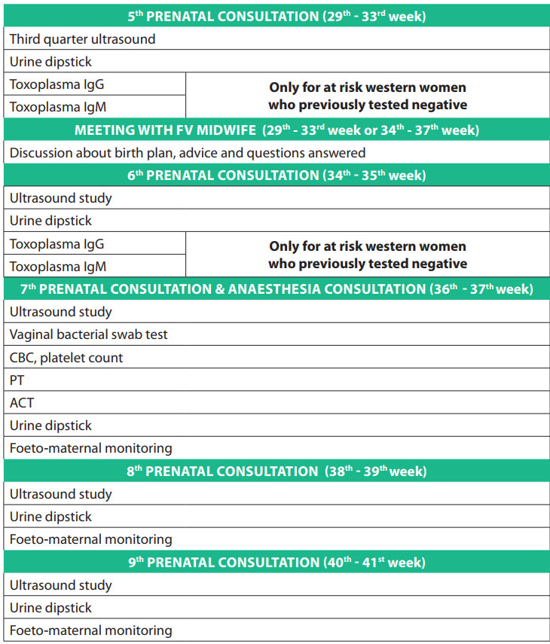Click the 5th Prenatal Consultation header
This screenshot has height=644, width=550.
[276, 16]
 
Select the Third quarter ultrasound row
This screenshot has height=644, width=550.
[83, 38]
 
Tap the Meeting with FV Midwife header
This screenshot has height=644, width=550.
[276, 130]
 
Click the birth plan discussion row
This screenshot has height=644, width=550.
[188, 153]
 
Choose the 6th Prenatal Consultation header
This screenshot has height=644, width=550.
[276, 175]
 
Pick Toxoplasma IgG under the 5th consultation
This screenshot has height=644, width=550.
[57, 84]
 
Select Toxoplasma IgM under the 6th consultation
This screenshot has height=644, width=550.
[57, 267]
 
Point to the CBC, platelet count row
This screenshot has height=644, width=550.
[66, 358]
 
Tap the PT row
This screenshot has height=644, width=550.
[17, 380]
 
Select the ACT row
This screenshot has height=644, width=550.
[22, 403]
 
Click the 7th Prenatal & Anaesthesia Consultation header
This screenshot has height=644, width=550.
[276, 289]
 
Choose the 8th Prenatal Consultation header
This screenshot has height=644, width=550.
[276, 472]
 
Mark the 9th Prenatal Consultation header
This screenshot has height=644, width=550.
[276, 563]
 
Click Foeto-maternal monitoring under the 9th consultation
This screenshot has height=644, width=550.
[91, 630]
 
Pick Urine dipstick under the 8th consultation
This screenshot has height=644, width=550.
[51, 517]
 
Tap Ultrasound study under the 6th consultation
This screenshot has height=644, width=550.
[61, 198]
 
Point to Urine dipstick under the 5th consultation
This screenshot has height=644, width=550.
[51, 62]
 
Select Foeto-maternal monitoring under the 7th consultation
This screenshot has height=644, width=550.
[91, 448]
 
